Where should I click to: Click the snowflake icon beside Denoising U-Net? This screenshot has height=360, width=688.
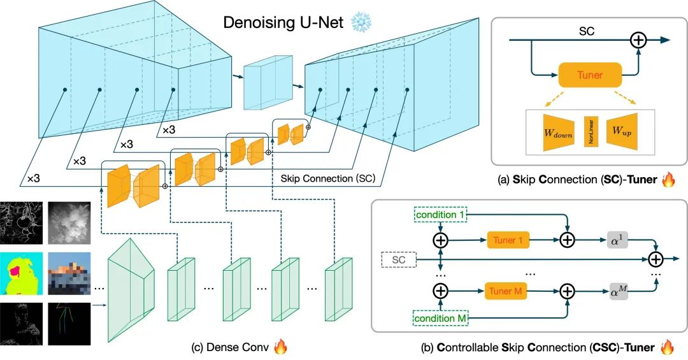(x=364, y=23)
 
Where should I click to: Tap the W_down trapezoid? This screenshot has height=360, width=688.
(x=558, y=132)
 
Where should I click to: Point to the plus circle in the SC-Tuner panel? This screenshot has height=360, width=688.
(x=638, y=40)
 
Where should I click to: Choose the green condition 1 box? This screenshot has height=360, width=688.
(x=440, y=215)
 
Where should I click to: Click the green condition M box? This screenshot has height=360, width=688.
(x=440, y=316)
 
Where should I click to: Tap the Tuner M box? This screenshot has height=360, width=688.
(x=508, y=291)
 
